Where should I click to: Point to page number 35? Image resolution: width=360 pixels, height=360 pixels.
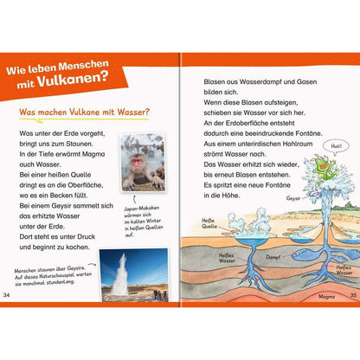click(x=351, y=298)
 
